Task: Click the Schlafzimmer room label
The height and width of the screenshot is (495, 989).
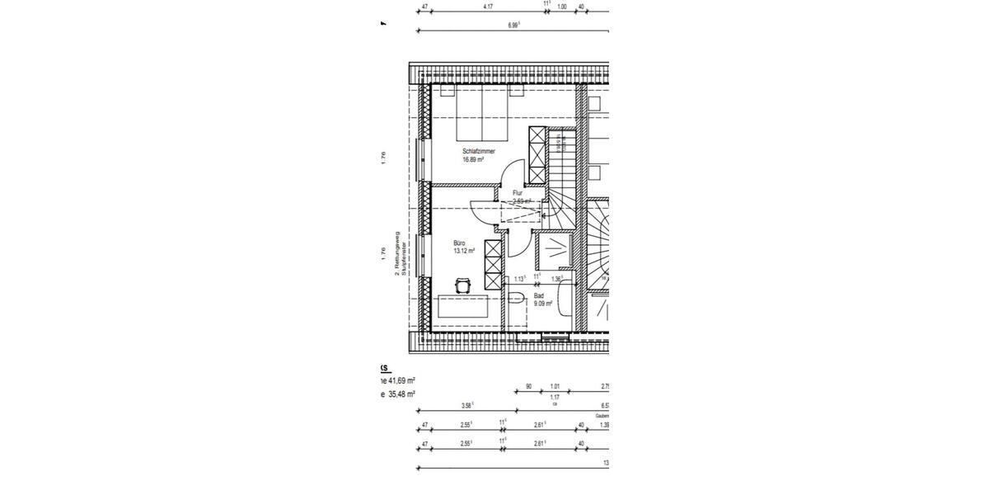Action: (x=479, y=152)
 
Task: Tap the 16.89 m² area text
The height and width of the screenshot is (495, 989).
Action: (x=473, y=160)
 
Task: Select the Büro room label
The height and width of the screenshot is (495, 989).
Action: (x=459, y=243)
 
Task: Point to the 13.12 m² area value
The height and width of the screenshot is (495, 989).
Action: (x=465, y=251)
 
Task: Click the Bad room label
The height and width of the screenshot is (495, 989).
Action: (x=539, y=295)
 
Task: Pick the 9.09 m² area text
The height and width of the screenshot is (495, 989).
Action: (x=543, y=304)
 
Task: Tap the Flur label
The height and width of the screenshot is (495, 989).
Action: (x=518, y=193)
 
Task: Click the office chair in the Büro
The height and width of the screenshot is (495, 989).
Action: (x=462, y=285)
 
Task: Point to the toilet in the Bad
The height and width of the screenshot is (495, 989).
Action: (x=516, y=311)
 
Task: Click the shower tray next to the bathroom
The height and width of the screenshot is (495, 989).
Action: (x=550, y=249)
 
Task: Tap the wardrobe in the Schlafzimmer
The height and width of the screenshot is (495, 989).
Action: (x=537, y=155)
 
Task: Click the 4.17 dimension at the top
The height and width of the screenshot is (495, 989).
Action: (x=488, y=7)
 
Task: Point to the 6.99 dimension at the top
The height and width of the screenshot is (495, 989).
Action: (x=514, y=26)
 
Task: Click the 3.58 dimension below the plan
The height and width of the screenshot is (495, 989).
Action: (x=467, y=405)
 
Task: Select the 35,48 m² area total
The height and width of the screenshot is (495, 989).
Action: (x=401, y=394)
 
